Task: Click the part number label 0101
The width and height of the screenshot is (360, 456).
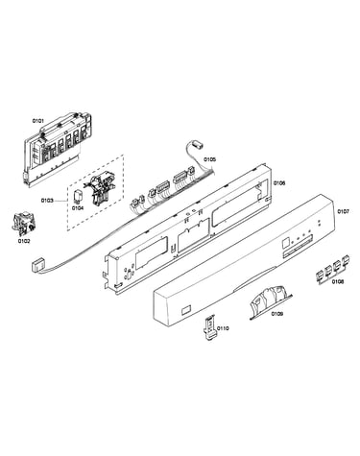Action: pos(37,121)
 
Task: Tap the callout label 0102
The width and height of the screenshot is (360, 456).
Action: pos(24,241)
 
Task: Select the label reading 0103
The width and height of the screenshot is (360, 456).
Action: pos(47,201)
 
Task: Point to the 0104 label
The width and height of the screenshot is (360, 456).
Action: pos(78,208)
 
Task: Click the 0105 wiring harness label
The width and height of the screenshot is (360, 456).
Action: pos(209,159)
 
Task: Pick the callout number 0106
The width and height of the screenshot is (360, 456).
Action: pos(279,183)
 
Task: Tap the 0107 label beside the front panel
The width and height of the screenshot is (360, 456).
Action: pos(343,211)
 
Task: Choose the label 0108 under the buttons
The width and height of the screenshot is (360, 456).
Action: pos(338,282)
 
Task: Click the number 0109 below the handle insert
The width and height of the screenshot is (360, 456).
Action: pos(277,314)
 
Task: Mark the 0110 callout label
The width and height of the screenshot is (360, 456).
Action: pos(223,328)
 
